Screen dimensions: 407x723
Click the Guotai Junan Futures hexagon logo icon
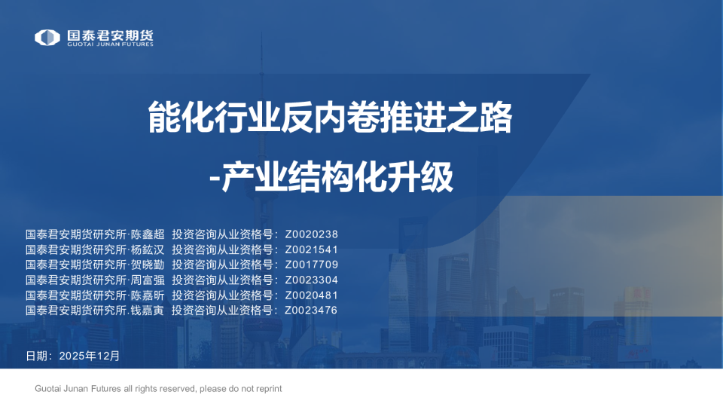pos(47,37)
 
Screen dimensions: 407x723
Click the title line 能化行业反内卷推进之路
pos(329,118)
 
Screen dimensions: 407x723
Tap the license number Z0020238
pos(311,234)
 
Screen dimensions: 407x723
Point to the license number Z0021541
pos(311,249)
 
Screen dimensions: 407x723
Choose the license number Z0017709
pos(311,265)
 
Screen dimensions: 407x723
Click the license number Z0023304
pos(311,280)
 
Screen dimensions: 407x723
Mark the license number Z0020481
pos(311,295)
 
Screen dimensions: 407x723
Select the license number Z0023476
pos(311,310)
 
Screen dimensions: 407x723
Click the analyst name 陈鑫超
pos(148,234)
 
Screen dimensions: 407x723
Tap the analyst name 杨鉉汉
pos(147,249)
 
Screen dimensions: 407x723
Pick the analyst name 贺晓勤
pos(147,265)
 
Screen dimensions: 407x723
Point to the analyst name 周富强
pos(148,280)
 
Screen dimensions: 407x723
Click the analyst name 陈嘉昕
pos(148,295)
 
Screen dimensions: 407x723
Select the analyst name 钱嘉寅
pos(147,310)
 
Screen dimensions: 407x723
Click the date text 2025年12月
pos(89,355)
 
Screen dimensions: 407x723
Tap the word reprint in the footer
pos(267,389)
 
